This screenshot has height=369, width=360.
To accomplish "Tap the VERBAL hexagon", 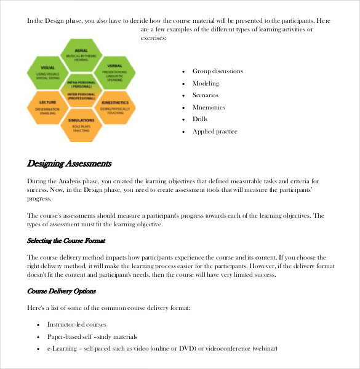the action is pos(115,70).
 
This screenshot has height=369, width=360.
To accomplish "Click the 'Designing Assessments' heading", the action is pos(69,164).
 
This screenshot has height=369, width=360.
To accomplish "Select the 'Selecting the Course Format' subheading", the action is pos(66,240).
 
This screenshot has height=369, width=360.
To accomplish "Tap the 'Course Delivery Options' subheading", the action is pos(62,290).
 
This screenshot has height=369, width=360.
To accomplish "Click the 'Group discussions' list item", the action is pos(217,71).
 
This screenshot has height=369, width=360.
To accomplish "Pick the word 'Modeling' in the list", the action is pos(206,83).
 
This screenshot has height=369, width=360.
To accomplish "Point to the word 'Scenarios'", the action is pos(206,95).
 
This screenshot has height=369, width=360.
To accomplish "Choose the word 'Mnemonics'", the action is pos(209,108).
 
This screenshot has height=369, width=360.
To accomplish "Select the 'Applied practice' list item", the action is pos(215,132).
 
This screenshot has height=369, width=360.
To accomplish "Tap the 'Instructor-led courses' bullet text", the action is pos(77,324).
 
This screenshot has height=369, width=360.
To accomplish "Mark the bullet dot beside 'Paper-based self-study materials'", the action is pos(38,337).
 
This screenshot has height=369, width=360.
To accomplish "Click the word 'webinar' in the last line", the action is pos(263,349).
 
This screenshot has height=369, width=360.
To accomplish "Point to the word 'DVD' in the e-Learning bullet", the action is pos(186,349).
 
